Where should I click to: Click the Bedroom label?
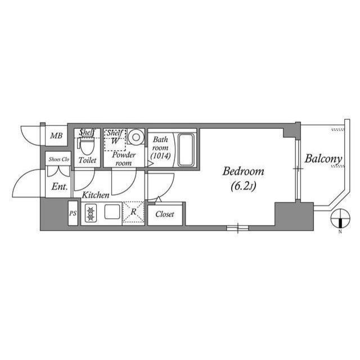coord(243,172)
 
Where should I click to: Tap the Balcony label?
coord(323,159)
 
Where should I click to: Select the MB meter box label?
coord(55,136)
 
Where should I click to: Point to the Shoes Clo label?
coord(58,159)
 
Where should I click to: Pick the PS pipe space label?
coord(73,214)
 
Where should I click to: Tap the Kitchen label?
coord(96,195)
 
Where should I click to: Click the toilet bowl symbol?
coord(87,146)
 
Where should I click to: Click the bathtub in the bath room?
coord(186,150)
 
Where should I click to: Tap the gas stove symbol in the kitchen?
coord(91,213)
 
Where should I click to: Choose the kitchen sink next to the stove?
coord(111,213)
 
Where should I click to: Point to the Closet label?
coord(165,214)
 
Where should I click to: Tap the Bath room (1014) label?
coord(161,147)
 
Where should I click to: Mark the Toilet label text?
coord(87,160)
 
